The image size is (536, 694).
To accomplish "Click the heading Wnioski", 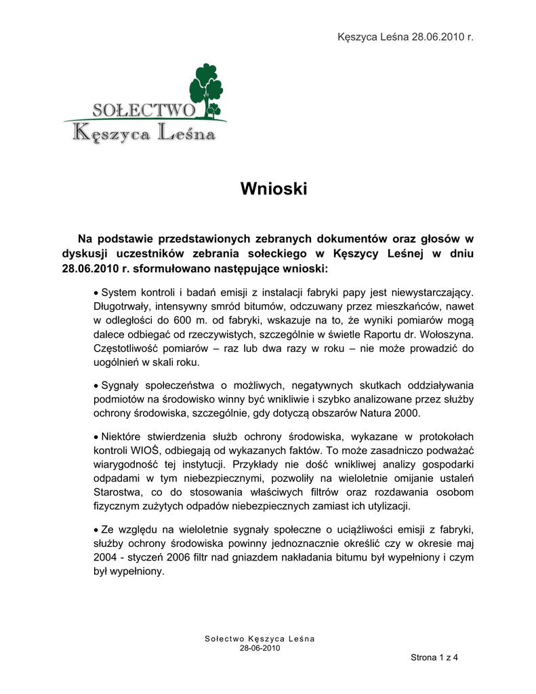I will click(274, 189).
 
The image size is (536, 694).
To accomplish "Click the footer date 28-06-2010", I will click(260, 648).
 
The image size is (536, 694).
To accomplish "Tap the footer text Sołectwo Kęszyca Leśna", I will click(260, 639).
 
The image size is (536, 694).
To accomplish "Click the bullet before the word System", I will click(96, 292).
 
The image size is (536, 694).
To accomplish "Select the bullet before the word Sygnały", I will click(96, 385).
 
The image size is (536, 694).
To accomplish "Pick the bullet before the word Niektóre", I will click(96, 436).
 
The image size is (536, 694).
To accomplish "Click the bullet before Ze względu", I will click(96, 529).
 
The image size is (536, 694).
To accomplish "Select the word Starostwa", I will click(117, 492).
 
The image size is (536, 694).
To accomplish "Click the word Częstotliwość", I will click(125, 348).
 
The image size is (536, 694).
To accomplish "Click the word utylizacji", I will click(386, 506).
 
